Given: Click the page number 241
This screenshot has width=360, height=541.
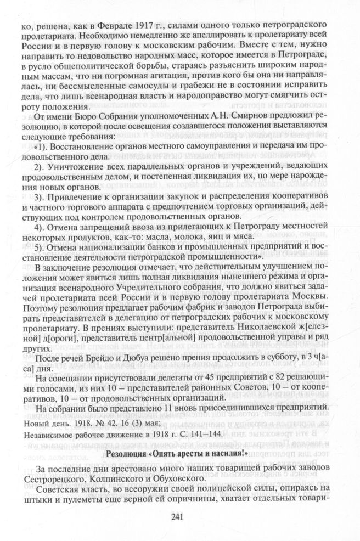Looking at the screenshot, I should [180, 520].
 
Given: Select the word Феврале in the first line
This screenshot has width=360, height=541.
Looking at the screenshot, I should [116, 25].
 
